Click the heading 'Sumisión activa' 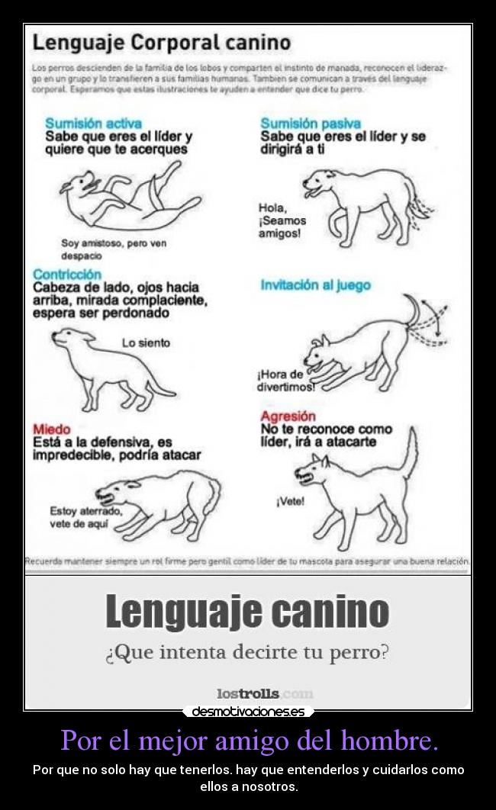coord(93,124)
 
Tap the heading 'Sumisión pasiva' coord(311,124)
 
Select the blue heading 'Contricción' coord(67,274)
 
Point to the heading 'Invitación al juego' coord(315,285)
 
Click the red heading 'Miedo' coord(52,429)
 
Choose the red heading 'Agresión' coord(288,416)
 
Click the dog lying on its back coord(126,195)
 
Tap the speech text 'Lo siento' coord(146,343)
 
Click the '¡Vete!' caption coord(290,501)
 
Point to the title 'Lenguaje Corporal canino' coord(162,42)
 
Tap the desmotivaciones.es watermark coord(248,712)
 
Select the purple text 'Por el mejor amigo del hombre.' coord(249,740)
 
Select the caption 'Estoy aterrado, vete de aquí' coord(84,517)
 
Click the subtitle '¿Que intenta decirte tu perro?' coord(247,653)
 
